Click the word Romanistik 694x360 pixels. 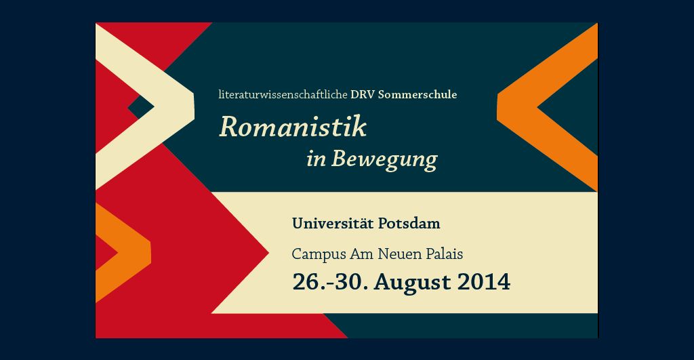293,127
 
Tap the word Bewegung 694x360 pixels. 384,159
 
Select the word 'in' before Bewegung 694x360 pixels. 317,159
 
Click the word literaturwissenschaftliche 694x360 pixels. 283,94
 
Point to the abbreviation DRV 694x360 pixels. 363,94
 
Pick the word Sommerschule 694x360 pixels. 417,94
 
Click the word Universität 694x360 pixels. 332,223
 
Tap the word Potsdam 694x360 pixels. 409,223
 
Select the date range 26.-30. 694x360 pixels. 330,282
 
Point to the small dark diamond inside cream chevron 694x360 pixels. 141,106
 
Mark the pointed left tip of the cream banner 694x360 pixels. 212,313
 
